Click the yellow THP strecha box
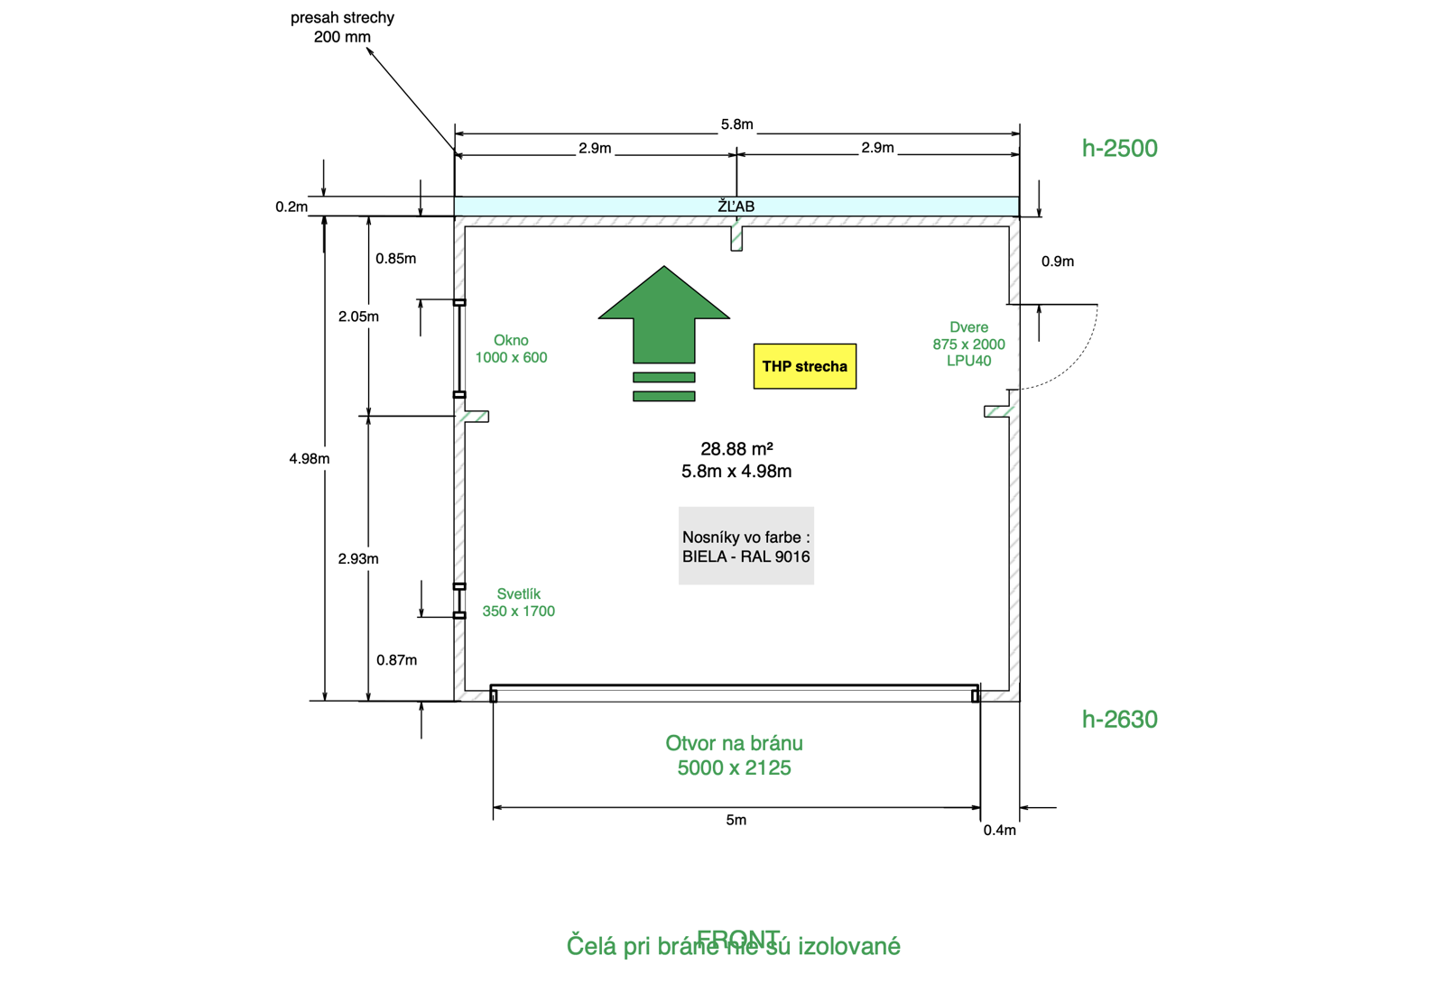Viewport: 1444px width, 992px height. point(804,366)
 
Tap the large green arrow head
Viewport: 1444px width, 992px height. point(664,298)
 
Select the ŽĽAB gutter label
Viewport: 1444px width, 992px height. point(736,207)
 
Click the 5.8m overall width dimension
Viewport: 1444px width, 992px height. point(736,124)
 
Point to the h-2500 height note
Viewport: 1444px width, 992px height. point(1119,148)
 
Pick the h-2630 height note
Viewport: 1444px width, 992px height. point(1119,719)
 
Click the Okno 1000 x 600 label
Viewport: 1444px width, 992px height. point(511,349)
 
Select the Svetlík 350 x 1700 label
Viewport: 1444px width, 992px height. point(518,602)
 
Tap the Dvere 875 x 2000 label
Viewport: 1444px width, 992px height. point(968,344)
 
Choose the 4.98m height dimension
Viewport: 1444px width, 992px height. point(310,458)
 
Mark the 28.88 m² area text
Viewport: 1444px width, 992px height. point(736,449)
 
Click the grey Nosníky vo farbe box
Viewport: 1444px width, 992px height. point(745,546)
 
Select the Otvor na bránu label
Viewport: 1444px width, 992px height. point(734,755)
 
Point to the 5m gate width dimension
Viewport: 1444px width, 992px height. point(736,820)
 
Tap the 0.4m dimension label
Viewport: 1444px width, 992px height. point(999,830)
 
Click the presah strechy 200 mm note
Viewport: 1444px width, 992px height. point(342,27)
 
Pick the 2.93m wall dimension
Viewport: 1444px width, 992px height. point(358,558)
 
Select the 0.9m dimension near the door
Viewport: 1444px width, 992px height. point(1058,262)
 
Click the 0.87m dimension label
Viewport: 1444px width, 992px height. point(397,660)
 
